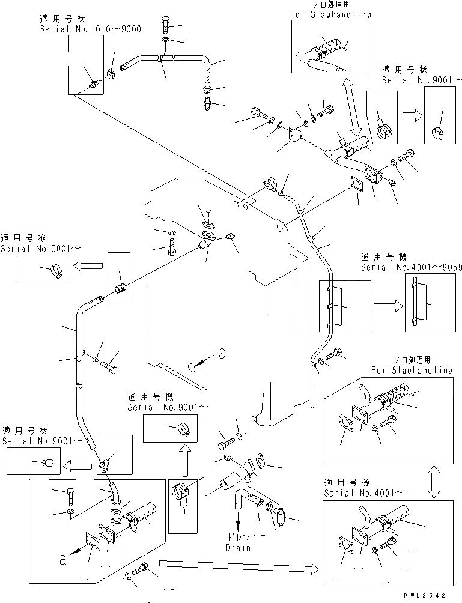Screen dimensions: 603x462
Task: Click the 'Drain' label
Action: point(238,548)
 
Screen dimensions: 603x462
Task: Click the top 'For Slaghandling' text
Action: point(330,14)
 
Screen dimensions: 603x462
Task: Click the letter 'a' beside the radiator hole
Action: point(222,354)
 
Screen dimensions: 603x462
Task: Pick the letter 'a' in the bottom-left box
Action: point(62,559)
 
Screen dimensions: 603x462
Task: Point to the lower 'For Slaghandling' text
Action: point(412,371)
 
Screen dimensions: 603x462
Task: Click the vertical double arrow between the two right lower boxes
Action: point(434,483)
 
